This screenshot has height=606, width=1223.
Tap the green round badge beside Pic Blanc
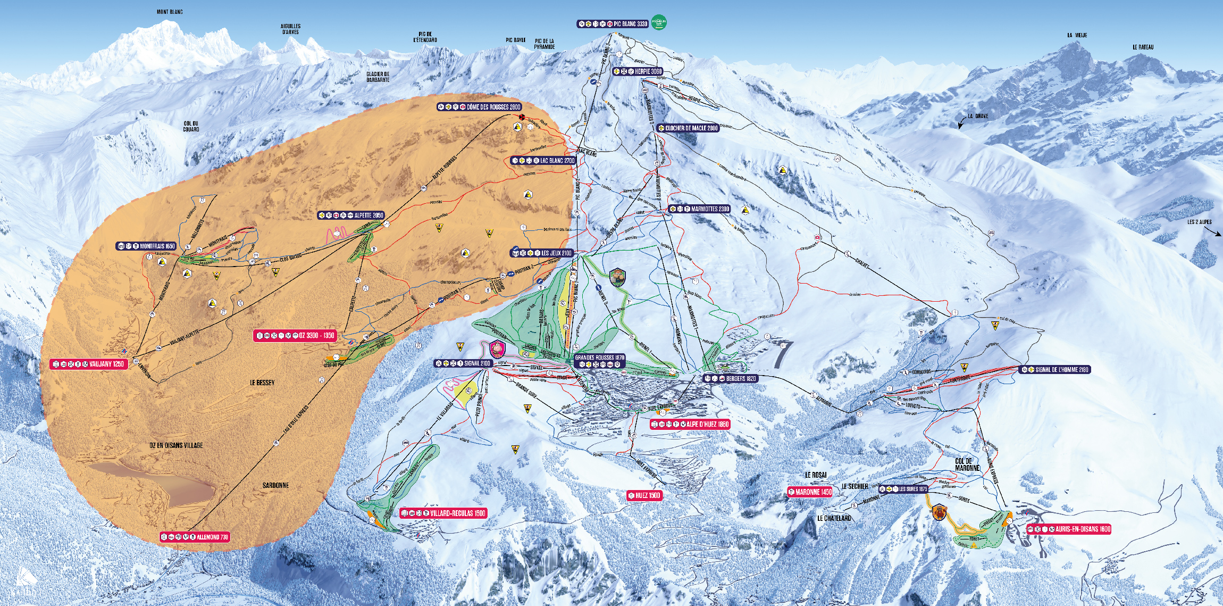click(659, 22)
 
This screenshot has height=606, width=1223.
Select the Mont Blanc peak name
click(170, 12)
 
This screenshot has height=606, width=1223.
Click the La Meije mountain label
click(1077, 35)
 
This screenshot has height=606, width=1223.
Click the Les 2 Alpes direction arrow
click(1213, 231)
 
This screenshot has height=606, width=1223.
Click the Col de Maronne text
click(967, 464)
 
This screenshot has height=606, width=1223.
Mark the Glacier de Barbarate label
click(378, 77)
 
